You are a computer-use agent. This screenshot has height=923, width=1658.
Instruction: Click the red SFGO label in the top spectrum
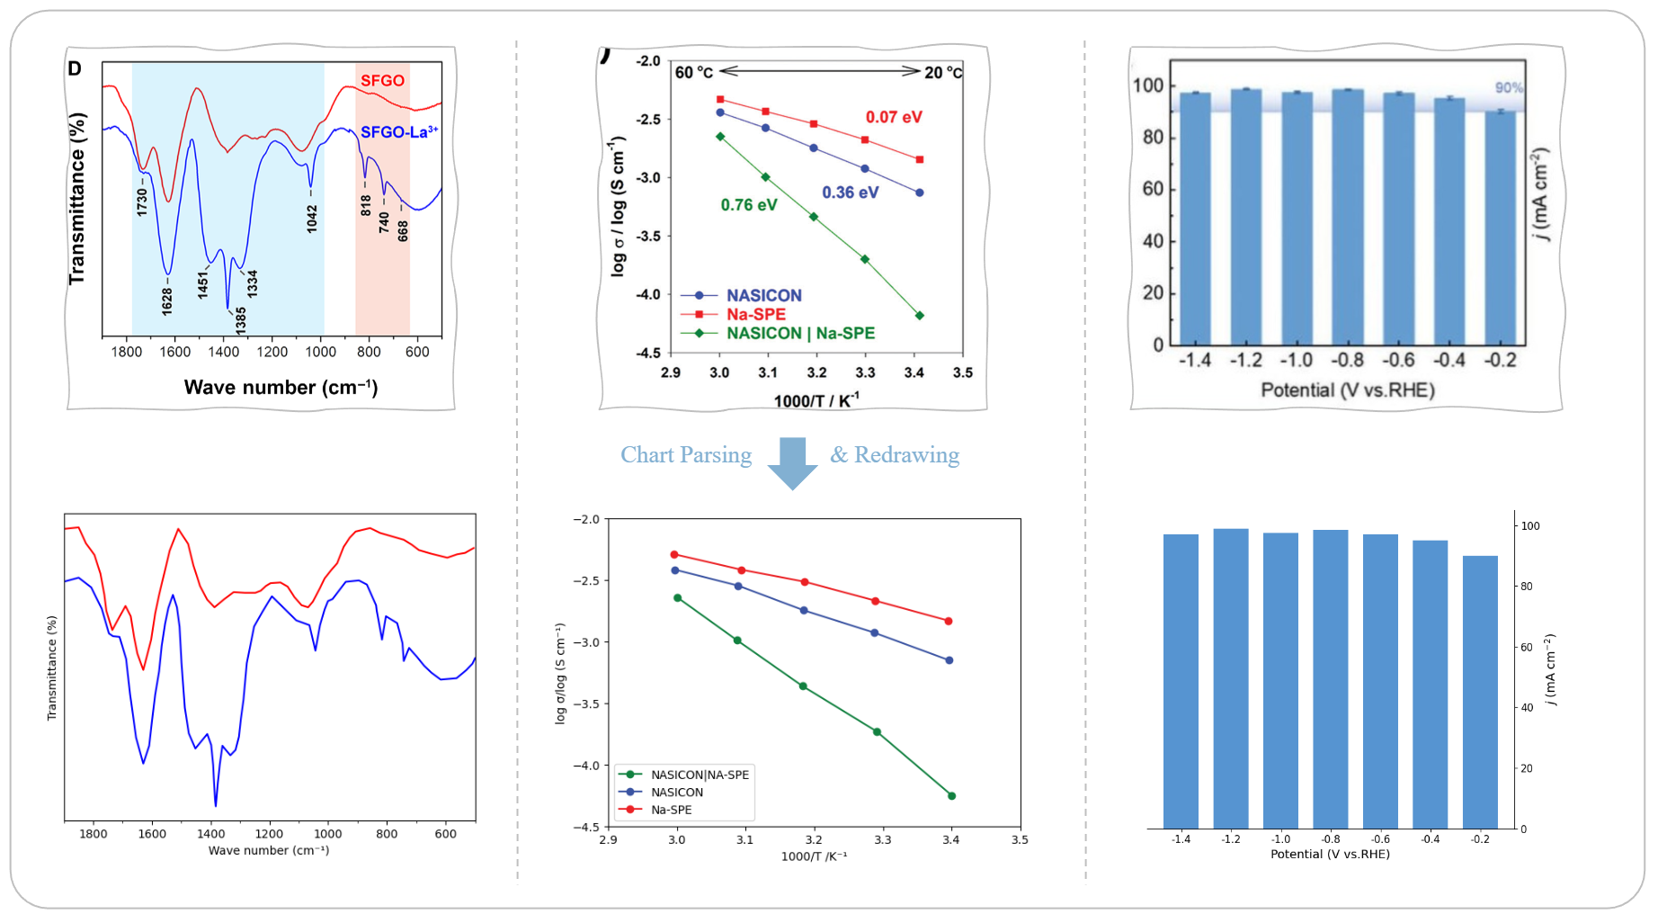coord(382,81)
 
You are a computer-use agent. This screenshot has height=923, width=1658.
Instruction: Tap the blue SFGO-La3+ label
coord(398,132)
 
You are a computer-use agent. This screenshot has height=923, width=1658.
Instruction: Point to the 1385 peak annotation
coord(240,319)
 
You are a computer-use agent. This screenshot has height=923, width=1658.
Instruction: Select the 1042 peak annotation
coord(312,219)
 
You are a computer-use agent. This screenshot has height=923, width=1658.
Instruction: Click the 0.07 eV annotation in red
coord(893,117)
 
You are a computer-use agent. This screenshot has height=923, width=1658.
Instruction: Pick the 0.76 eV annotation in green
coord(748,205)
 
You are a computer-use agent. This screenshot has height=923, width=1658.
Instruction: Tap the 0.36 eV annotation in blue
coord(850,193)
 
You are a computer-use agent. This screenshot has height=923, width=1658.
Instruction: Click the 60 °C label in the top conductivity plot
coord(693,72)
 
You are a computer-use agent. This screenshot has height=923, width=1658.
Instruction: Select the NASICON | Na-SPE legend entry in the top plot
coord(799,334)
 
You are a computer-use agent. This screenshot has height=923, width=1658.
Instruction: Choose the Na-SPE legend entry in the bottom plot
coord(671,810)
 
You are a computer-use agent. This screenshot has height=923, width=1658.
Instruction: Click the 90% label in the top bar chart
coord(1509,88)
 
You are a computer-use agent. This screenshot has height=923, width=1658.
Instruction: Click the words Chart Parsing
coord(686,455)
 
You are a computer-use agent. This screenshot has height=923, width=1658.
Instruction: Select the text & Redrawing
coord(895,455)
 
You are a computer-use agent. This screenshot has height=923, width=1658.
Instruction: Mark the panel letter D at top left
coord(75,69)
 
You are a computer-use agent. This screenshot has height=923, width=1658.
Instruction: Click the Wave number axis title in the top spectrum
coord(281,388)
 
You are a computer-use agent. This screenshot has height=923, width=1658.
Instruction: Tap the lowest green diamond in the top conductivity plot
coord(919,316)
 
